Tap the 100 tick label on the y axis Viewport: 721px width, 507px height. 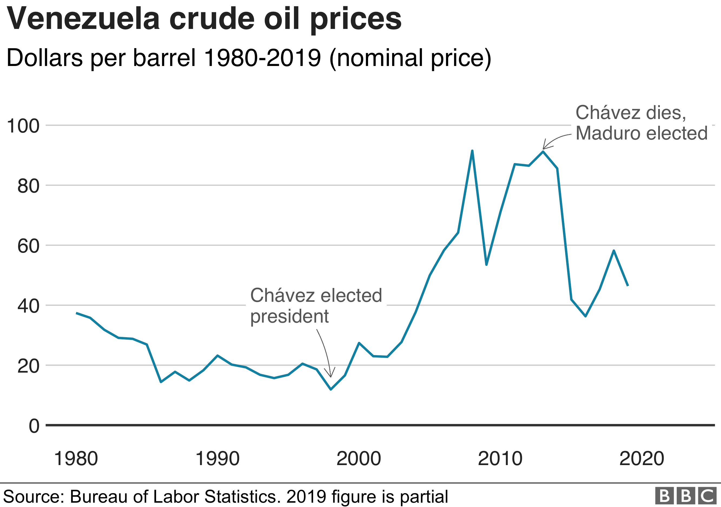23,126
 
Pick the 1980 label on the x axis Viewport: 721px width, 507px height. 76,459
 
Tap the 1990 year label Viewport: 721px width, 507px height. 217,459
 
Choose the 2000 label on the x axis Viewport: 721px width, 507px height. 359,459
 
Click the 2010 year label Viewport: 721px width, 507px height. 500,459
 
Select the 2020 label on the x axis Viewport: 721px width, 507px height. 641,459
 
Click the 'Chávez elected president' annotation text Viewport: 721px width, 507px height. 316,306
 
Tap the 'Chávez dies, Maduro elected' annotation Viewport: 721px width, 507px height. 641,123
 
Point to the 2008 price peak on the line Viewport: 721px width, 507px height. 472,151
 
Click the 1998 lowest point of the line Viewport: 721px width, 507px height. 331,389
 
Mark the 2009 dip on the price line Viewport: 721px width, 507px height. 486,265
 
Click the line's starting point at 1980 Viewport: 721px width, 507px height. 76,313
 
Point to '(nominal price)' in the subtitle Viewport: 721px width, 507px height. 410,58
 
